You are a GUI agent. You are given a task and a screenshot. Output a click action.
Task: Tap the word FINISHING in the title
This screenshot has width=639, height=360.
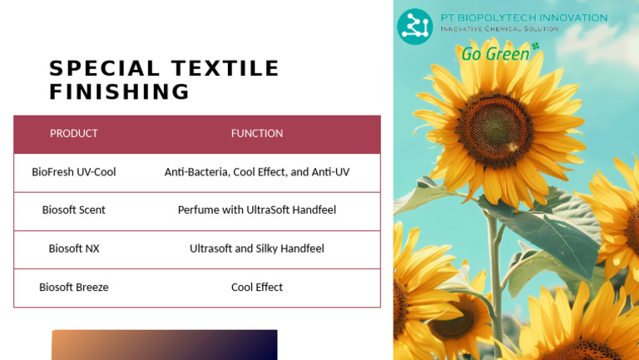point(120,91)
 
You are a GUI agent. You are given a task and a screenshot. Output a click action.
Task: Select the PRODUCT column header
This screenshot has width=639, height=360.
point(74,133)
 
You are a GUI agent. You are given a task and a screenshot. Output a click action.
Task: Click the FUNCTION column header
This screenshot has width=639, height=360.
point(257,133)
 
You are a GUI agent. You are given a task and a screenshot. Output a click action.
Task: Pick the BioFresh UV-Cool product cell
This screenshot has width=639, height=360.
point(74,172)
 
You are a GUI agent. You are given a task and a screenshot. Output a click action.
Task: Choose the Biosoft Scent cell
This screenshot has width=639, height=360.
point(74,210)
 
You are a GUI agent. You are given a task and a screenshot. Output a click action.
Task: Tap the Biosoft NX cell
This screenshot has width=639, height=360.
point(74,249)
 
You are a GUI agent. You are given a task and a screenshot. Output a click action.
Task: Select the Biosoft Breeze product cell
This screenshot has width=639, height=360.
point(74,288)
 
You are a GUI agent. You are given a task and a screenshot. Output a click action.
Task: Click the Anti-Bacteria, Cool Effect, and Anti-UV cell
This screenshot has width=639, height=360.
point(257,172)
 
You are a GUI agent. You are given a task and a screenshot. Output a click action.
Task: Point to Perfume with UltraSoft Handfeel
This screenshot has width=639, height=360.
point(257,210)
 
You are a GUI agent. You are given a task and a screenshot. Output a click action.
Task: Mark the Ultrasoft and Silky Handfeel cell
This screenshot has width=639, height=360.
point(257,249)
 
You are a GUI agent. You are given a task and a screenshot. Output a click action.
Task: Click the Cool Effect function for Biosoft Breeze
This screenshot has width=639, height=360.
point(257,288)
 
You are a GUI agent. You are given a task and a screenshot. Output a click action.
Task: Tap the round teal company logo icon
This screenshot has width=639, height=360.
point(414,26)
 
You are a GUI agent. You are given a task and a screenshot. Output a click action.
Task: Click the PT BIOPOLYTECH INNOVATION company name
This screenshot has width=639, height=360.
point(524,17)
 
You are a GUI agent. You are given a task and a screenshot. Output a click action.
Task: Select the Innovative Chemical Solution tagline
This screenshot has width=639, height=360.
point(499,29)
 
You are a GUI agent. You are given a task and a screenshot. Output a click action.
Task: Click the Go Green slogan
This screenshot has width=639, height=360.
point(494,54)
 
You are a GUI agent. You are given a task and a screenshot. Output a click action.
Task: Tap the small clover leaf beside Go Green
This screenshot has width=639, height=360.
point(535,47)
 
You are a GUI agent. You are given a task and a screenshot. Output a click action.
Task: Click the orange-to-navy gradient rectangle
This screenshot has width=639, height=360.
point(165,345)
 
